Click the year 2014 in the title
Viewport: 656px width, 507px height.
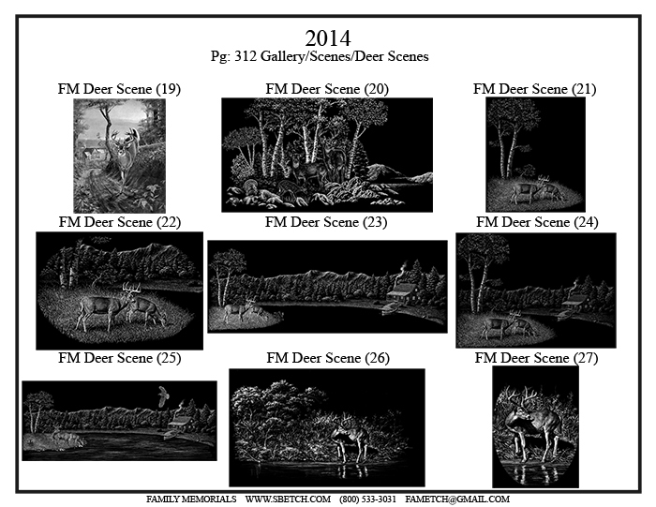click(328, 38)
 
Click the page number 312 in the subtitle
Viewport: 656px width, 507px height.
click(246, 56)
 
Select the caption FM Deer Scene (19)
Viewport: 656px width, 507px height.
click(119, 89)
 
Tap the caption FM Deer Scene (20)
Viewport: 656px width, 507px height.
click(327, 89)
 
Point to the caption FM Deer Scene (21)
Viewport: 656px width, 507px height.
click(535, 89)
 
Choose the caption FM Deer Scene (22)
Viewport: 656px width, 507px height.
click(120, 222)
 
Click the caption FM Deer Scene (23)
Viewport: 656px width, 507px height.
click(326, 222)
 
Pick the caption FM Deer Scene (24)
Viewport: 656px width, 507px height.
click(537, 222)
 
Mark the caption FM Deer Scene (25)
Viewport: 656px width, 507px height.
click(120, 358)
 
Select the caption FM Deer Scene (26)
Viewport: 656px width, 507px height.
click(328, 358)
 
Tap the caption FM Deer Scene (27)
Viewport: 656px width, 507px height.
click(536, 358)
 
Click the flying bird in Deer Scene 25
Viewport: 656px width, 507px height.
click(164, 395)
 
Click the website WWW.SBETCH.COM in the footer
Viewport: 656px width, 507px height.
click(288, 500)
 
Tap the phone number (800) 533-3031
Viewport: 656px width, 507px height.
click(367, 500)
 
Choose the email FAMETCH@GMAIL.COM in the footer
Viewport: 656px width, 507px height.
click(457, 500)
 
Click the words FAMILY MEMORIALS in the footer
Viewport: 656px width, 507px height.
click(191, 500)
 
